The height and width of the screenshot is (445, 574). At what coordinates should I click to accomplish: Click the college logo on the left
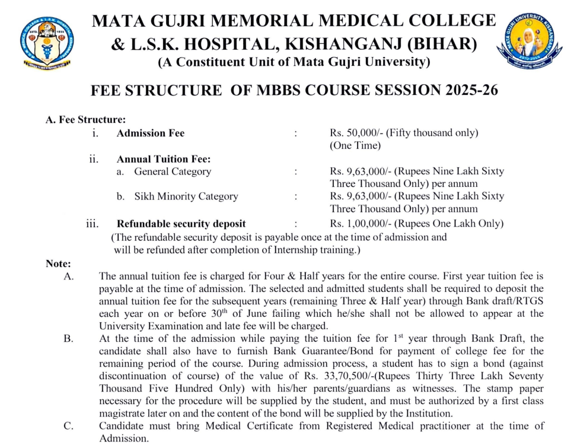(45, 43)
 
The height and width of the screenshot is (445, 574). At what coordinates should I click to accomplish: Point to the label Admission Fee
(150, 133)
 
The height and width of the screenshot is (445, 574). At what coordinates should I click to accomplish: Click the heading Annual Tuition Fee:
(164, 159)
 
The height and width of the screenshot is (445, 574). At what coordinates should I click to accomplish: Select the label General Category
(172, 171)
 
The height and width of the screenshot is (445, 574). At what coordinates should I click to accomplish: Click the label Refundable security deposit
(181, 224)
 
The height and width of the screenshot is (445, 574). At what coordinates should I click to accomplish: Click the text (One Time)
(355, 145)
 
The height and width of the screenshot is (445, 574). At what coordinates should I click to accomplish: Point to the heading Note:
(58, 263)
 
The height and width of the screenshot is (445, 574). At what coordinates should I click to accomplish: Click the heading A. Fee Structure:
(85, 119)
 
